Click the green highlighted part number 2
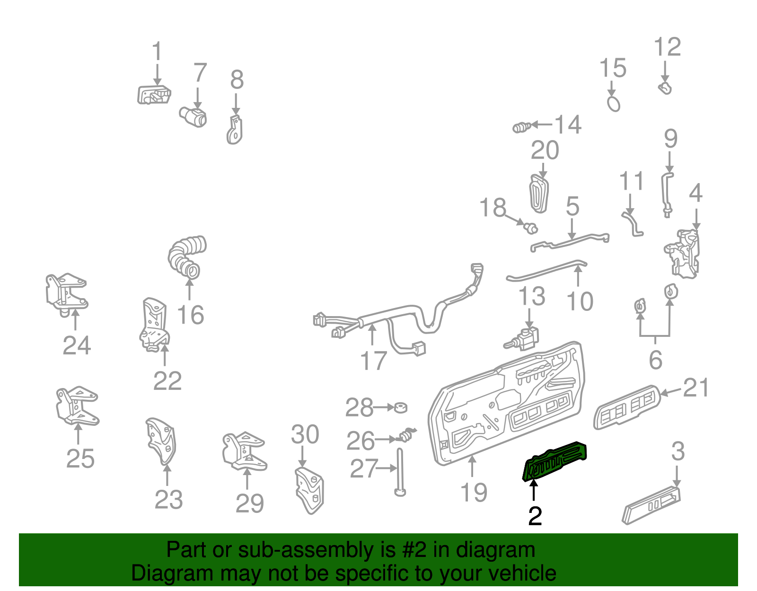point(555,461)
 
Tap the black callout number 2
point(535,516)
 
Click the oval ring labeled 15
point(613,103)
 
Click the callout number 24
point(77,345)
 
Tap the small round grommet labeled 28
point(401,407)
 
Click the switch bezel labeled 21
point(627,407)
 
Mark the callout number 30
point(305,434)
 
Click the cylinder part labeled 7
point(193,116)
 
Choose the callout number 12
point(667,47)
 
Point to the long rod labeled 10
point(546,271)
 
